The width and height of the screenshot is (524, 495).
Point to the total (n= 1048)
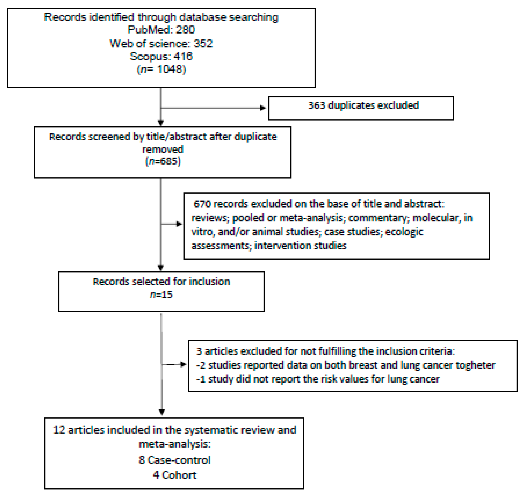click(161, 69)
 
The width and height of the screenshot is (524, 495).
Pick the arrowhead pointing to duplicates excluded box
click(263, 108)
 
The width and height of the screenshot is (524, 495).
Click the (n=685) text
click(163, 161)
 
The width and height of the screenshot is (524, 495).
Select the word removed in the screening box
click(163, 149)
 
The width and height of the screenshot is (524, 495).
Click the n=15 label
click(161, 295)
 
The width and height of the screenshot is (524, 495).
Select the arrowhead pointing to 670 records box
click(179, 224)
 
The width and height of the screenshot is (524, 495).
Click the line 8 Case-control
click(174, 460)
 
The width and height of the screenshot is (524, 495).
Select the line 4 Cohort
click(174, 475)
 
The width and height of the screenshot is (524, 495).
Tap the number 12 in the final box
click(59, 430)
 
